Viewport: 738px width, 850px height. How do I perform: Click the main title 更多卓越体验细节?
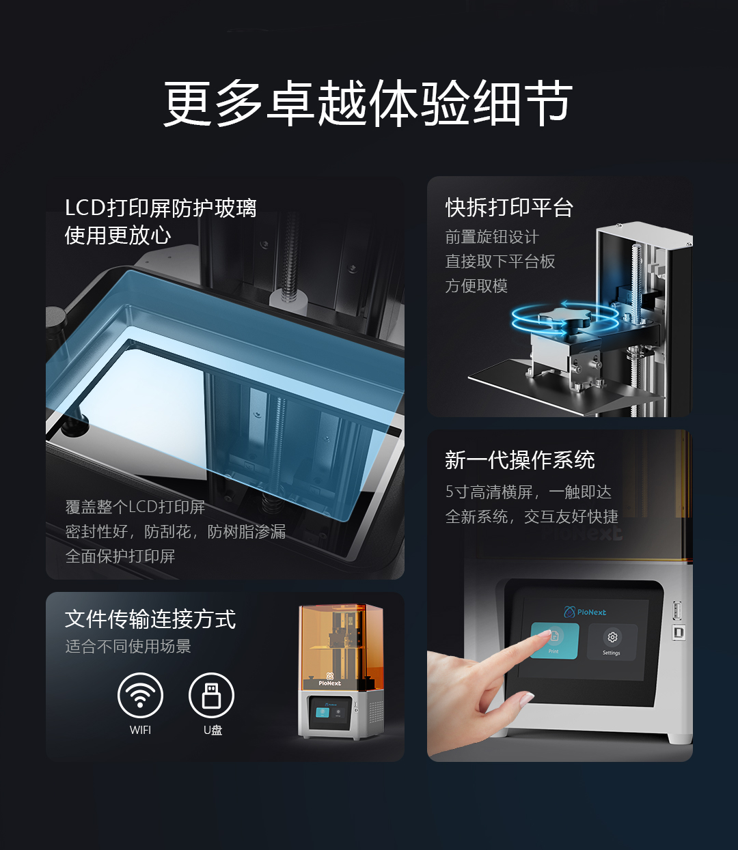coord(368,103)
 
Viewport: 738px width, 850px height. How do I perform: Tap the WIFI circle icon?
coord(140,695)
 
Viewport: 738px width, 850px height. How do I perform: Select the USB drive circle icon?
coord(211,695)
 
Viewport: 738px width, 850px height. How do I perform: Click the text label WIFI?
coord(140,730)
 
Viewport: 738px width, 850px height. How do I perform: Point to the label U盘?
coord(213,730)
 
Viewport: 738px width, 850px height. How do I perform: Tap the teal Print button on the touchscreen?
coord(555,640)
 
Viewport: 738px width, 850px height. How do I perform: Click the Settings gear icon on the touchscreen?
coord(612,637)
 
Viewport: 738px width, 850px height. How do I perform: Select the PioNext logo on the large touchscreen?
coord(584,612)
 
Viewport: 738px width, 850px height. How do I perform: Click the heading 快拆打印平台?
coord(509,208)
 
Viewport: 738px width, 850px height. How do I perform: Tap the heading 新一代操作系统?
coord(520,460)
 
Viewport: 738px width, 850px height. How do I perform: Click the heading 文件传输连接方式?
coord(150,619)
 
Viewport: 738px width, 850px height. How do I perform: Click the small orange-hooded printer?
coord(341,671)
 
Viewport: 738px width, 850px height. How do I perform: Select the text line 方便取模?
coord(476,286)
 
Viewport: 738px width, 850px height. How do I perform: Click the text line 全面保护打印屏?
coord(120,556)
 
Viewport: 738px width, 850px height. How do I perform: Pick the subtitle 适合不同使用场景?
coord(128,647)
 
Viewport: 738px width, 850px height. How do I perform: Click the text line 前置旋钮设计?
coord(492,237)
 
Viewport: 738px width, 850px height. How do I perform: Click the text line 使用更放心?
coord(118,236)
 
